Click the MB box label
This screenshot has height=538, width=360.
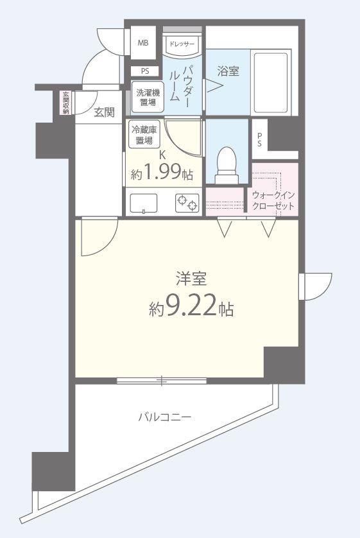142,43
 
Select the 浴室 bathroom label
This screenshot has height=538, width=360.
227,71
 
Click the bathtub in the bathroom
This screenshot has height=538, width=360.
270,83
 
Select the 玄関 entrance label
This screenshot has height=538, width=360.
104,112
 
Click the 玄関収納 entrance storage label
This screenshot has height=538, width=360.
65,103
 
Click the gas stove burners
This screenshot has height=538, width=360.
187,204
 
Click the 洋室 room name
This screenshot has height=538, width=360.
190,279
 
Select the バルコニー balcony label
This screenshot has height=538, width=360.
165,417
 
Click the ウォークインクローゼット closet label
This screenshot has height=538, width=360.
273,201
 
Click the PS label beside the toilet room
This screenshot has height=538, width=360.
259,140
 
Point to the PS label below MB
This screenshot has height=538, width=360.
145,71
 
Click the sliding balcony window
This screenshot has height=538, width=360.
162,381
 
